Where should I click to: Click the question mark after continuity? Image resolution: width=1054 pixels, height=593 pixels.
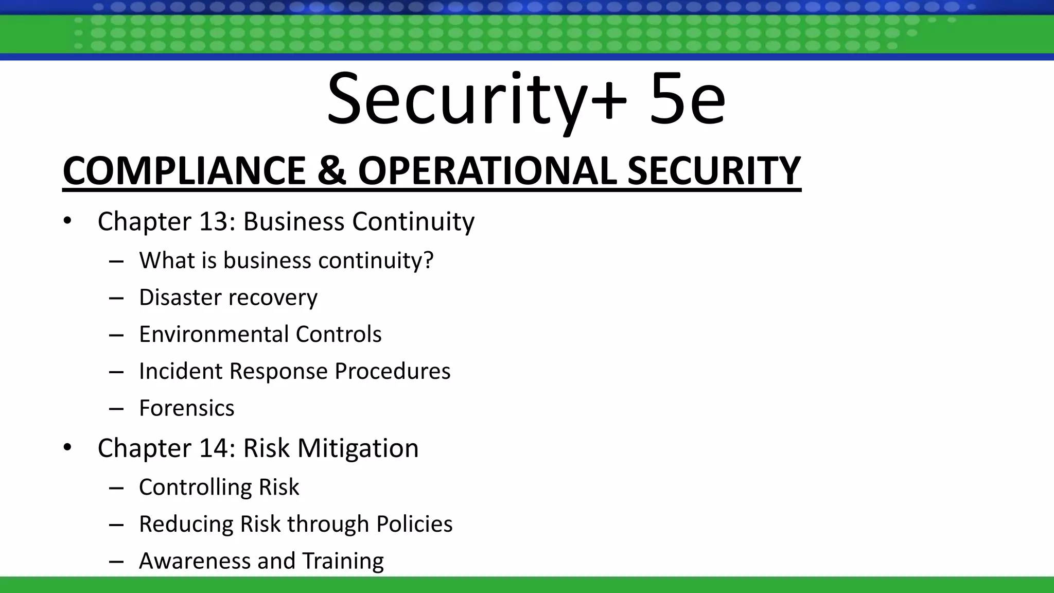(428, 260)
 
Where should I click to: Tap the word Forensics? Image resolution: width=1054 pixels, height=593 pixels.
(187, 408)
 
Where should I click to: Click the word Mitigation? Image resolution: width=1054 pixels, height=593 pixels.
(358, 448)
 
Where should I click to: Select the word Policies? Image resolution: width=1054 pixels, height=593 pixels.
(414, 524)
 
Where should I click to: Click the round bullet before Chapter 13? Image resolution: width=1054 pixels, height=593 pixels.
(67, 221)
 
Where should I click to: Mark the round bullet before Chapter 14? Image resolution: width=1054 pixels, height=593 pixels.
(67, 448)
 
